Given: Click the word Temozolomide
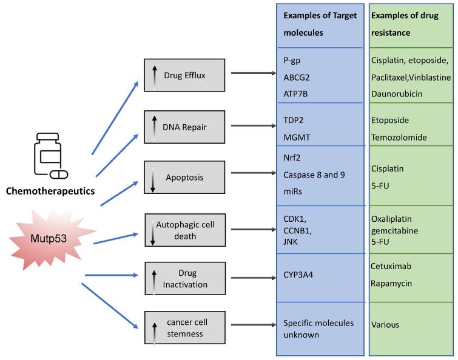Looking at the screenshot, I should tap(400, 137).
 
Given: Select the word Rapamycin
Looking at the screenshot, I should tap(393, 282).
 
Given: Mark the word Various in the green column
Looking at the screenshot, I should tap(385, 324).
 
